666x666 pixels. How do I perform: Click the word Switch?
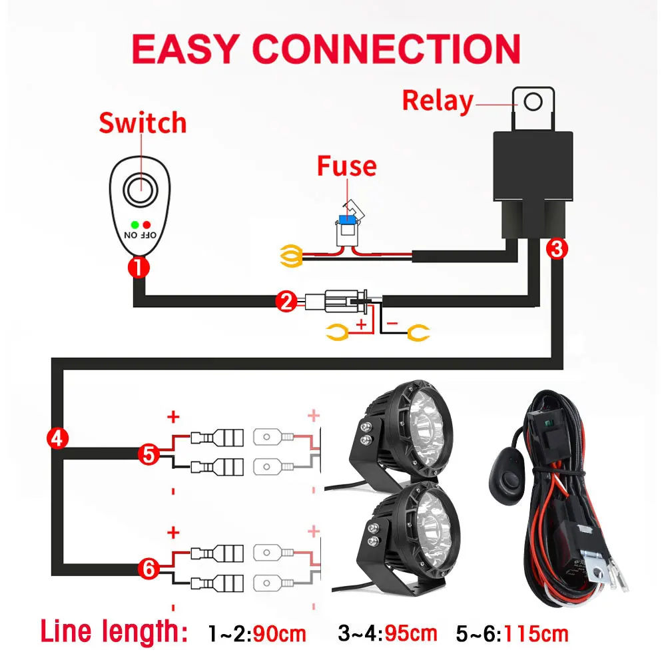click(x=143, y=124)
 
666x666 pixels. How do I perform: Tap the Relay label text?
click(x=438, y=101)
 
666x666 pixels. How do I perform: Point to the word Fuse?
click(x=346, y=166)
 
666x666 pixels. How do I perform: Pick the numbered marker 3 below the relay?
click(x=557, y=249)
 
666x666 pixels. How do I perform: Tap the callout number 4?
click(x=57, y=438)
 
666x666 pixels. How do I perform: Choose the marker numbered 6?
click(x=149, y=569)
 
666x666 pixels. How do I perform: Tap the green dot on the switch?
click(x=135, y=224)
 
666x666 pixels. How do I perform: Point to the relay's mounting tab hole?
click(x=532, y=102)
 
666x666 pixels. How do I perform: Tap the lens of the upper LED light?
click(x=426, y=426)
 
